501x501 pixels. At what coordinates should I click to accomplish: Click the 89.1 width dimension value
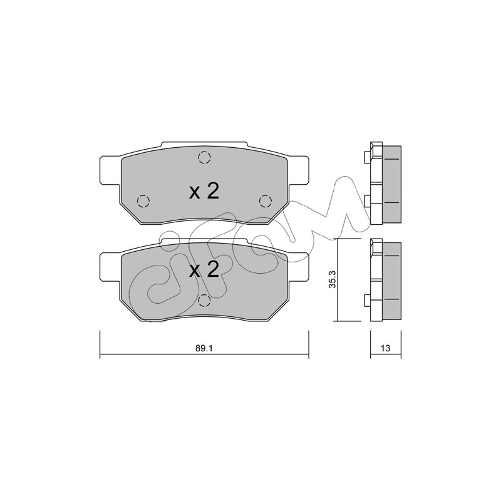click(204, 348)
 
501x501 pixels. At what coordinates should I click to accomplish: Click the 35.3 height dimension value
click(333, 279)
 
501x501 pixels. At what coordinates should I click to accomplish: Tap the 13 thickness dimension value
click(386, 348)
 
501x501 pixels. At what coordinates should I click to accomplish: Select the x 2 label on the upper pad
click(204, 192)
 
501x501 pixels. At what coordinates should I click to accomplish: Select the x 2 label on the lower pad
click(204, 269)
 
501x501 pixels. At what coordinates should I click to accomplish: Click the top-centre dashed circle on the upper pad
click(204, 157)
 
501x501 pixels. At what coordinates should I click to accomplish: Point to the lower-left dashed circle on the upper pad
click(143, 201)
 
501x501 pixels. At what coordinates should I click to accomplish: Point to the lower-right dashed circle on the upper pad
click(265, 201)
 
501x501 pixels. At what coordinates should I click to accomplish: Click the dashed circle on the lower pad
click(204, 301)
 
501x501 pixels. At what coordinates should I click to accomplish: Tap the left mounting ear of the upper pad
click(111, 170)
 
